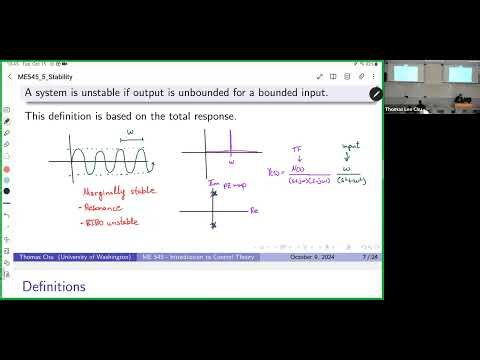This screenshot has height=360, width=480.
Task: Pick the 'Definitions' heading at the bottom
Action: point(54,287)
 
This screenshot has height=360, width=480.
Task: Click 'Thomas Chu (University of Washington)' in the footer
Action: point(76,257)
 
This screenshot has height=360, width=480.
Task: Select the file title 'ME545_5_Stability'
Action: point(57,76)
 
